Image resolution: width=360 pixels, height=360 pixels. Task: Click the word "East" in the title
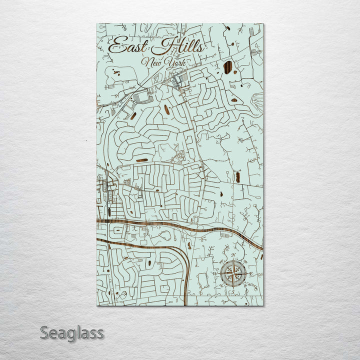[127, 46]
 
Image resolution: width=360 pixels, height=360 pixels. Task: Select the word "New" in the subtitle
[152, 62]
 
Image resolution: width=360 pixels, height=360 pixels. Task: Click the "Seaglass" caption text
[72, 332]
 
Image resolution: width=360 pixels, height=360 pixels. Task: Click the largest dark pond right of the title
[228, 67]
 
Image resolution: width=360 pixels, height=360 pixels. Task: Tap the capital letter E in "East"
[116, 46]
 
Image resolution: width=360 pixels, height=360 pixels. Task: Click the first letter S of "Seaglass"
[44, 332]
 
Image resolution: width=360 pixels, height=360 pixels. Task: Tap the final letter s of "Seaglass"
[100, 334]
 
